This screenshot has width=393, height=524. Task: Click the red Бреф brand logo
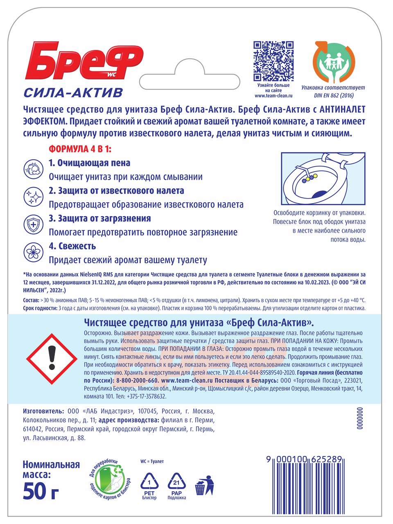pos(84,61)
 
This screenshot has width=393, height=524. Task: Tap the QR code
pos(273,61)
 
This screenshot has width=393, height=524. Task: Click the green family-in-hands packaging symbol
pos(333,62)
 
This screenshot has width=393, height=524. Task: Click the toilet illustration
pos(323,178)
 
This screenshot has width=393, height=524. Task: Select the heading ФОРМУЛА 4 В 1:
pos(80,149)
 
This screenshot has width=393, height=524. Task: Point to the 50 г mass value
pos(41,490)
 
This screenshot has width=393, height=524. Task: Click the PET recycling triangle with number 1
pos(149,482)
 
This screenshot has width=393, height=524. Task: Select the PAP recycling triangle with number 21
pos(176,482)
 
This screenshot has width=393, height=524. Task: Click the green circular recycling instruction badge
pos(109,479)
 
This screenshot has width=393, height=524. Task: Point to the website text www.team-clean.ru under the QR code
pos(273,96)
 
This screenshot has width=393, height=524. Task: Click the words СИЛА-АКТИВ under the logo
pos(73,93)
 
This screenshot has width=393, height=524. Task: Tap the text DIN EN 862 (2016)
pos(334,95)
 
